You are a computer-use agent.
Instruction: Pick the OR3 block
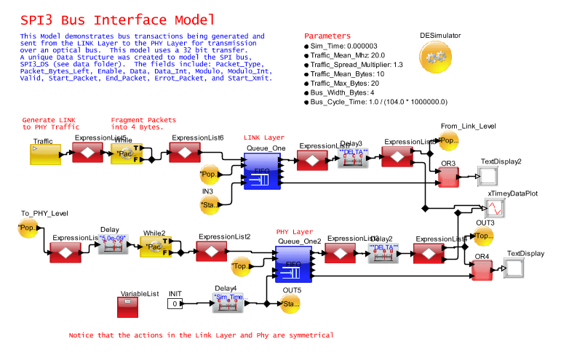click(447, 175)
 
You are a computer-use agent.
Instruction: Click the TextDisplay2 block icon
click(488, 175)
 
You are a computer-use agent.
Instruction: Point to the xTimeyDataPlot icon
click(496, 208)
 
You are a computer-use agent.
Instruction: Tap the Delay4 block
click(230, 303)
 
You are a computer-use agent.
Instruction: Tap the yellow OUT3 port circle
click(483, 236)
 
